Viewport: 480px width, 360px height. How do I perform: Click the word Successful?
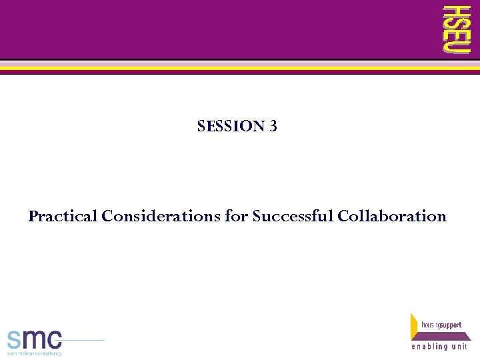pos(293,217)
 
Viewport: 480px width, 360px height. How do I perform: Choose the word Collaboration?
pos(392,217)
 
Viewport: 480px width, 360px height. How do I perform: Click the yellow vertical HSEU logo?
pos(457,29)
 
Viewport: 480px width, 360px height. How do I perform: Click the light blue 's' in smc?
pos(15,340)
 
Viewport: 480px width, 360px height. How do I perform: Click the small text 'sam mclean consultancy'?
pos(34,353)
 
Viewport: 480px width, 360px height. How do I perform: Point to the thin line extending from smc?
pos(83,341)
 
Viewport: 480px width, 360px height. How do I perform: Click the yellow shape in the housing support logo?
pos(415,323)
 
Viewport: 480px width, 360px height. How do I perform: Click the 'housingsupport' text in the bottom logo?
pos(441,325)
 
